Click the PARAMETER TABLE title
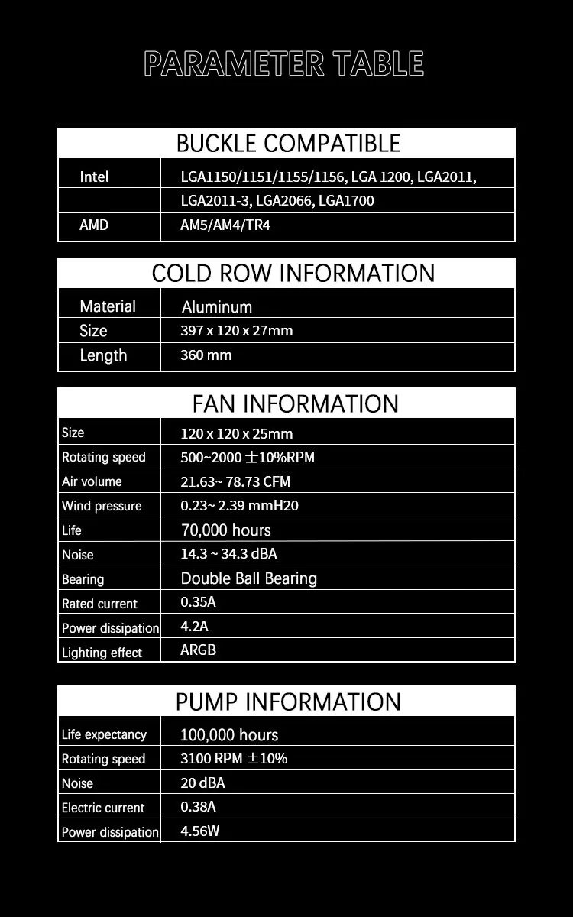click(283, 64)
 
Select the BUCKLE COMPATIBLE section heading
click(287, 143)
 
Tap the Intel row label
click(94, 177)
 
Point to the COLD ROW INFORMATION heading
click(293, 273)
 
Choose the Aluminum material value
click(216, 307)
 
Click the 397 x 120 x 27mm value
click(236, 331)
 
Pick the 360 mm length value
click(206, 355)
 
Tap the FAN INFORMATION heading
click(295, 403)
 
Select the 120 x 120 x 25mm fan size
click(236, 433)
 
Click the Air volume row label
click(92, 481)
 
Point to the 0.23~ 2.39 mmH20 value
click(239, 506)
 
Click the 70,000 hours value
click(225, 530)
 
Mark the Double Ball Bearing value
click(248, 578)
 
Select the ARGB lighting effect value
click(198, 650)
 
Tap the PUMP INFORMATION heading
click(288, 701)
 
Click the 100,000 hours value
click(228, 735)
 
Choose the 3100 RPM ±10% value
click(233, 759)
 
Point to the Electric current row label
click(102, 808)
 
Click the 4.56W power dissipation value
click(199, 831)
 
